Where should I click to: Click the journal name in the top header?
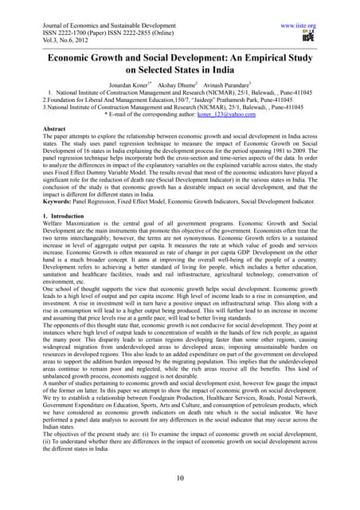pos(96,6)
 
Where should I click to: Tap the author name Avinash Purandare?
pos(231,72)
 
